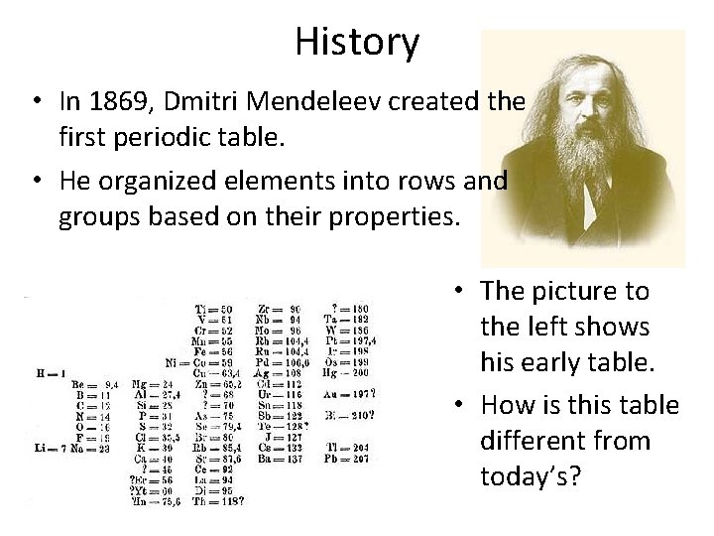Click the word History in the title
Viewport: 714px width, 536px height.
tap(357, 42)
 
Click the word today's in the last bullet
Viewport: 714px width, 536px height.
tap(530, 476)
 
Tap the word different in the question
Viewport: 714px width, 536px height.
tap(565, 440)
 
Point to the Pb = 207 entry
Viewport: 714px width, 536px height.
tap(345, 460)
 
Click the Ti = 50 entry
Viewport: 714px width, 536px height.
tap(213, 311)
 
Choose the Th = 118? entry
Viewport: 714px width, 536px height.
tap(219, 500)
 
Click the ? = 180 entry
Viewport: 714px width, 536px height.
tap(345, 311)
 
